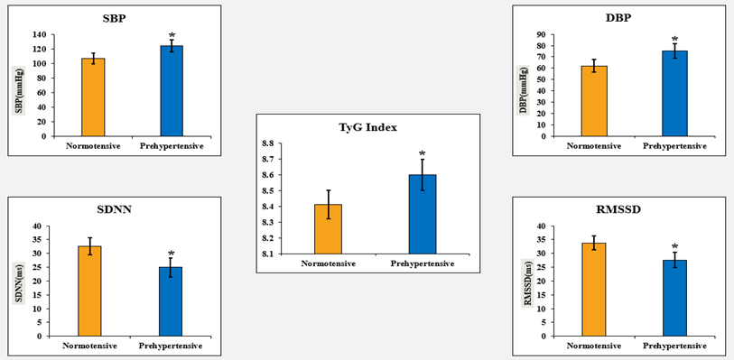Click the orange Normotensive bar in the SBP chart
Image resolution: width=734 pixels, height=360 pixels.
click(x=93, y=97)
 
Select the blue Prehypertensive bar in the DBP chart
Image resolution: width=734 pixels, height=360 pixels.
click(x=674, y=94)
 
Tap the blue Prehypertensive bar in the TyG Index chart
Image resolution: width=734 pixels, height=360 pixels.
click(x=423, y=214)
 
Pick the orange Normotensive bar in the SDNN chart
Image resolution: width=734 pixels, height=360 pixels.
click(x=89, y=291)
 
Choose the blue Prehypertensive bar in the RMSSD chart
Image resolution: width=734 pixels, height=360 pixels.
click(x=674, y=299)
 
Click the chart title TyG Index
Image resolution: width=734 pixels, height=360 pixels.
click(x=368, y=127)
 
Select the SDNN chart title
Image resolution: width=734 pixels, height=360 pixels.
click(x=116, y=209)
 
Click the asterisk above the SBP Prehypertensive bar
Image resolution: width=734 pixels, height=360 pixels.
click(x=172, y=36)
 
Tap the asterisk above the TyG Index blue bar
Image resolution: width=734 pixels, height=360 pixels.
click(x=423, y=153)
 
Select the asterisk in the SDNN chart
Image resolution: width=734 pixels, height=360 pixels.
click(x=171, y=253)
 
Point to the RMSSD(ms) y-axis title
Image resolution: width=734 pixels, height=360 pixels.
click(x=527, y=283)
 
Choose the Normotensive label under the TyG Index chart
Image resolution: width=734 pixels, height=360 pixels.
click(x=328, y=263)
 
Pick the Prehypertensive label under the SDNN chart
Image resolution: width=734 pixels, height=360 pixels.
click(x=171, y=346)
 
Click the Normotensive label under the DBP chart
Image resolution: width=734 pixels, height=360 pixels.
click(x=594, y=146)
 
